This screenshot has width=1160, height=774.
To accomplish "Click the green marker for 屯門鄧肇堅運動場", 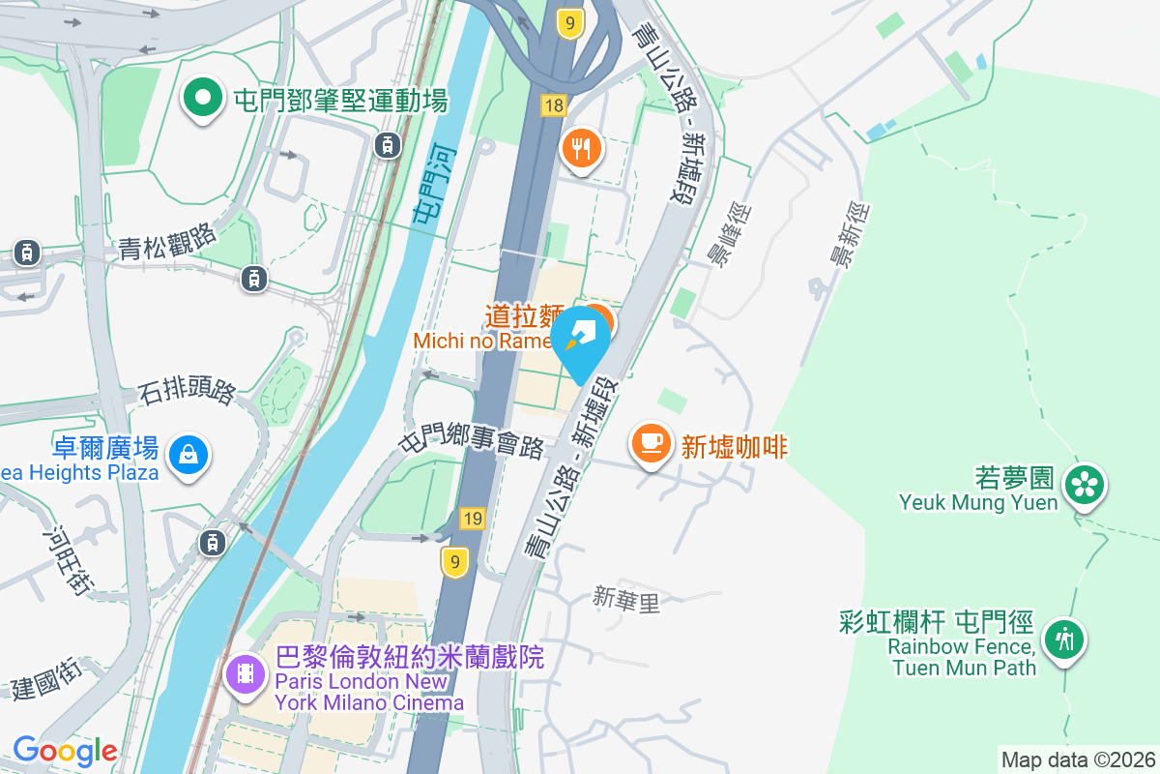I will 202,99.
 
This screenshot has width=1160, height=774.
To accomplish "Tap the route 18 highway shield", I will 553,106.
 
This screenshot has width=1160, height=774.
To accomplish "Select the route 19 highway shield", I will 472,519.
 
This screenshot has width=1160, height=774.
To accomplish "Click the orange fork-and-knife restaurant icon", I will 581,149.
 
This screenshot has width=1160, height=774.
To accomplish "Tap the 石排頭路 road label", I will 187,392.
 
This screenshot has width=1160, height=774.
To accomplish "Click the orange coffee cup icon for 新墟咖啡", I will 652,443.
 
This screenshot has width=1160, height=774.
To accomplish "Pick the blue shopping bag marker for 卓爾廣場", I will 188,454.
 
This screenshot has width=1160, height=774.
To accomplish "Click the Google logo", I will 65,750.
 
